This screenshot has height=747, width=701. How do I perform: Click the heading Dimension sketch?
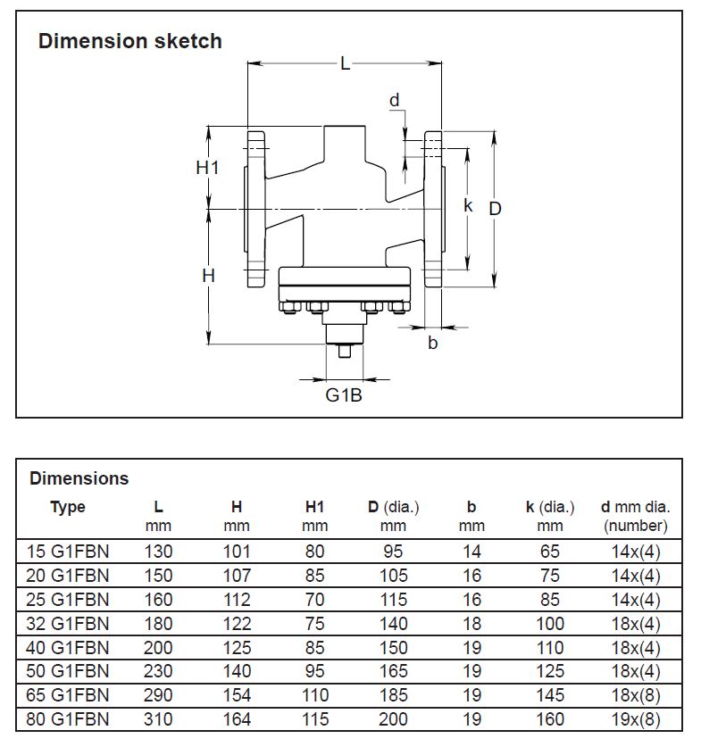(x=129, y=41)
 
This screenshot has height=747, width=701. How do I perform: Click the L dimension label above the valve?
(x=345, y=64)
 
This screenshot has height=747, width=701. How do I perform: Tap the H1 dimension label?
(x=208, y=167)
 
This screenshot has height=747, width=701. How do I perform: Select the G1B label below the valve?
(x=343, y=394)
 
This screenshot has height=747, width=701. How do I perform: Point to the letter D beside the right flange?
(x=496, y=208)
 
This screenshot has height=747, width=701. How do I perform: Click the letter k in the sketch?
(x=468, y=205)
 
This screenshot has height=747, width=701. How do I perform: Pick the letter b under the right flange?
(x=433, y=343)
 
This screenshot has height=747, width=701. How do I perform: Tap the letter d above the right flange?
(x=394, y=101)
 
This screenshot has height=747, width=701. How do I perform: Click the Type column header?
(x=68, y=507)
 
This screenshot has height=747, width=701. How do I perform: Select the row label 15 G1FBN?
(x=68, y=552)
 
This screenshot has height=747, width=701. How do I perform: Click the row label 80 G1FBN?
(x=68, y=719)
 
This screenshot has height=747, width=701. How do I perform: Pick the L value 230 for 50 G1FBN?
(x=158, y=671)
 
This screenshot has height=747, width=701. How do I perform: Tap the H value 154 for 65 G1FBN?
(x=237, y=695)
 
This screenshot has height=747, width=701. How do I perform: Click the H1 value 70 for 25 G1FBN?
(x=314, y=600)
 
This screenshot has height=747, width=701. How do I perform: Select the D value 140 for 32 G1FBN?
(x=393, y=624)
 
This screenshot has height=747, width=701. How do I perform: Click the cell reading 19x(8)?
(x=636, y=719)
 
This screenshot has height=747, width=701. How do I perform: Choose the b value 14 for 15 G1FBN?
(x=472, y=552)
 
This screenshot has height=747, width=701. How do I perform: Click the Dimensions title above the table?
(x=79, y=478)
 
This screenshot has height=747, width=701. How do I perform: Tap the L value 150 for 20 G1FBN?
(x=158, y=576)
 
